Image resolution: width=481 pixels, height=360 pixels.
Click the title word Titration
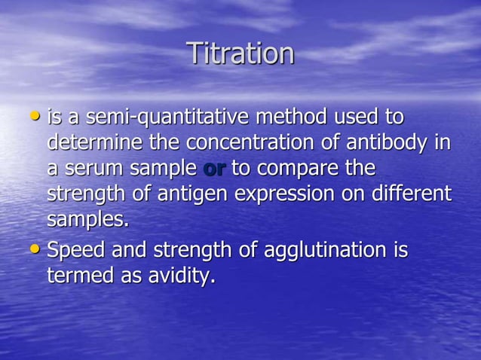(x=240, y=53)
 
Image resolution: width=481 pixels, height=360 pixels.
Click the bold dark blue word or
(x=214, y=169)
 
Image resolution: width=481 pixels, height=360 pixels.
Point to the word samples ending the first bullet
(x=87, y=221)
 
